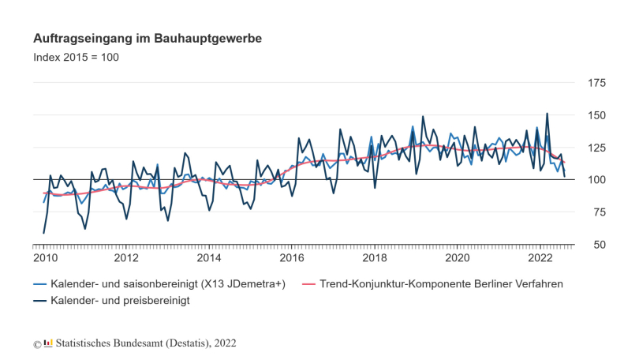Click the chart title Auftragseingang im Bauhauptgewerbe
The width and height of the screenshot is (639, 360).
tap(148, 38)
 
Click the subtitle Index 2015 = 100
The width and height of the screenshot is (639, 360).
tap(76, 58)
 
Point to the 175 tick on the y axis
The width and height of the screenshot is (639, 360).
tap(596, 83)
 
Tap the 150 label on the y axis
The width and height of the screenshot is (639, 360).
tap(596, 115)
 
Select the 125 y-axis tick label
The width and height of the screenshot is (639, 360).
tap(596, 148)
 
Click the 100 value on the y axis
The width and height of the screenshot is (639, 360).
tap(596, 180)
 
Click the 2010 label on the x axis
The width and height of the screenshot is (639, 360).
tap(43, 258)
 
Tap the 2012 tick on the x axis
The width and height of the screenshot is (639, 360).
tap(126, 258)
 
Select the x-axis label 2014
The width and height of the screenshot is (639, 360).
tap(209, 258)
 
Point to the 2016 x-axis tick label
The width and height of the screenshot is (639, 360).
tap(292, 258)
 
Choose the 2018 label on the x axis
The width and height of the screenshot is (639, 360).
tap(375, 258)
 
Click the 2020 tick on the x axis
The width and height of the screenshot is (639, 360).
tap(458, 258)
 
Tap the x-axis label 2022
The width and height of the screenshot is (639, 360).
tap(541, 258)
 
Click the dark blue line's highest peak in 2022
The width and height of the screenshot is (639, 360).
tap(547, 113)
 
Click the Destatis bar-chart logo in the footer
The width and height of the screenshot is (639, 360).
tap(48, 343)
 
